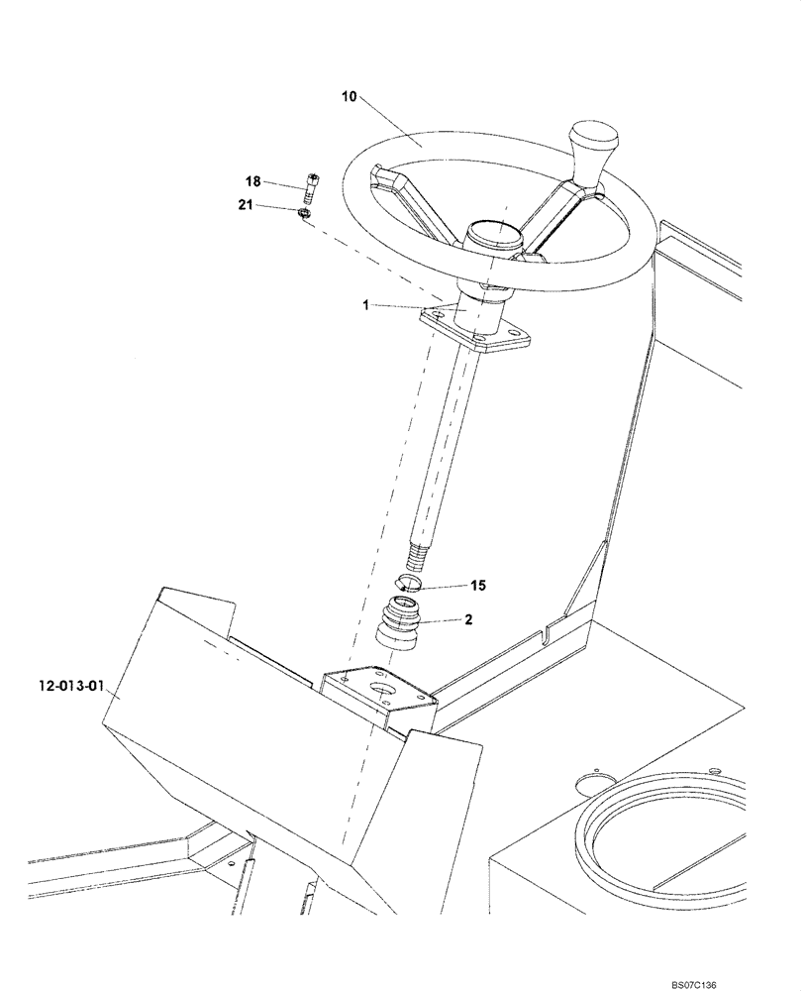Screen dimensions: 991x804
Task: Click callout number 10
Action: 350,97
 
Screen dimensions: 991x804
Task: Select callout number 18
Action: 253,181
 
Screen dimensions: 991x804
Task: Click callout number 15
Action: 478,586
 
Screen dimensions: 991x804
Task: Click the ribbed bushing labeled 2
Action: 400,624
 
